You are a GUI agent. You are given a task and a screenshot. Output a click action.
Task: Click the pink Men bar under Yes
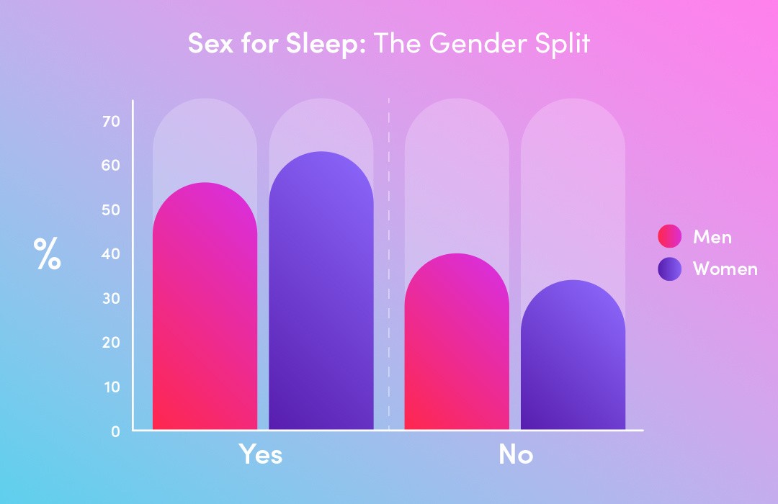205,310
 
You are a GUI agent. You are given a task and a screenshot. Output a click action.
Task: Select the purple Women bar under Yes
321,295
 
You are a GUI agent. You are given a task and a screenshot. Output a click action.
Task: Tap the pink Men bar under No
457,346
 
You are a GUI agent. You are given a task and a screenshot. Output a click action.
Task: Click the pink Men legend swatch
669,236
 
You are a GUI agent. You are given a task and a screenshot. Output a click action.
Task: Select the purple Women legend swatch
669,269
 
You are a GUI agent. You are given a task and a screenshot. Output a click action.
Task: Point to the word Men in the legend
712,236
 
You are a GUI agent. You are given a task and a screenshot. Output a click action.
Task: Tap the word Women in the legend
725,269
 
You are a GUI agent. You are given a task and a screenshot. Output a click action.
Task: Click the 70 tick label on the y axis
111,121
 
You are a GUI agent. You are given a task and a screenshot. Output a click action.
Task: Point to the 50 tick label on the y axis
111,210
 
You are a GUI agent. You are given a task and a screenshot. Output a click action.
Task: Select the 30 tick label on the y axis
111,298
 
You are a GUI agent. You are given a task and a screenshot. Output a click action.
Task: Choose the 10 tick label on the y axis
111,387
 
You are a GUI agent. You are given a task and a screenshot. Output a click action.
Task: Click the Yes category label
261,455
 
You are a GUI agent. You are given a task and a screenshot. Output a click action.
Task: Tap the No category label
516,455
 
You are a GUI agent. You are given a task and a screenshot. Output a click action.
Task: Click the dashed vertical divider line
389,288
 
